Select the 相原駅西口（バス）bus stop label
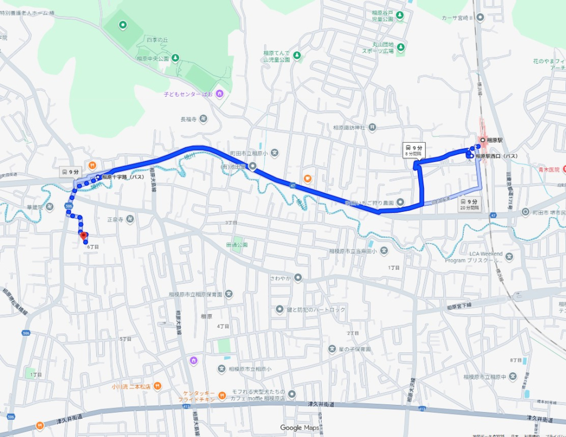496,157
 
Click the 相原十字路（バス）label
123,177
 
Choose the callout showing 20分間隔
470,205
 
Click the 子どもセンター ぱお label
188,94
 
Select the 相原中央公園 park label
152,58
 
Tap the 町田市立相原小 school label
249,153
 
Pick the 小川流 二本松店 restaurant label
131,386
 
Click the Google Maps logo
298,428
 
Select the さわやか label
281,277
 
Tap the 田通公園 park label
237,244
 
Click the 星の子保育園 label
354,349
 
